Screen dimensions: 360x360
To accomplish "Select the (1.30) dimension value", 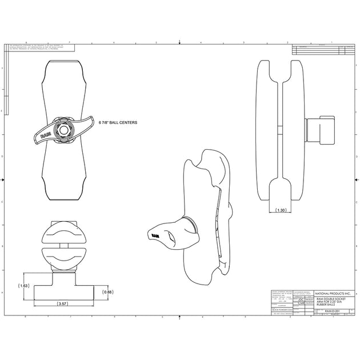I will tap(281, 210).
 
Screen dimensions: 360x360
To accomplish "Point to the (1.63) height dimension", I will tap(24, 286).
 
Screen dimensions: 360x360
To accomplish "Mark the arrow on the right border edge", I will tap(355, 179).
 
